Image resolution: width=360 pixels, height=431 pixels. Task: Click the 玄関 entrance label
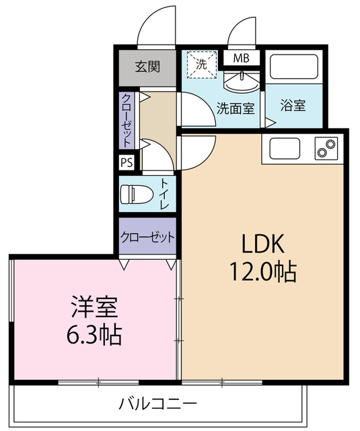[x=147, y=67]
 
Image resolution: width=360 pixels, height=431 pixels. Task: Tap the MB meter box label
[x=241, y=58]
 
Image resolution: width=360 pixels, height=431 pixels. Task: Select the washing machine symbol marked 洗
[x=202, y=65]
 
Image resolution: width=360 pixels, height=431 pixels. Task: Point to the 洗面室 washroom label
[x=235, y=108]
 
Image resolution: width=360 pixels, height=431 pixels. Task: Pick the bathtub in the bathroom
[x=294, y=68]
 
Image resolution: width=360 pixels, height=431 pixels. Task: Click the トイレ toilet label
[x=165, y=192]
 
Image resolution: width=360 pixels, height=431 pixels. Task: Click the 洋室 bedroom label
[x=95, y=307]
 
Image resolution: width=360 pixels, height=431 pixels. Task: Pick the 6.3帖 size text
[x=95, y=335]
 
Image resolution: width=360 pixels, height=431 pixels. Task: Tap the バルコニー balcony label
[x=159, y=404]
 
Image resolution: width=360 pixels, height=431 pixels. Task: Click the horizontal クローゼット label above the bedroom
[x=148, y=237]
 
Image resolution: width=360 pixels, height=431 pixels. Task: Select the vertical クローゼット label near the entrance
[x=127, y=121]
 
